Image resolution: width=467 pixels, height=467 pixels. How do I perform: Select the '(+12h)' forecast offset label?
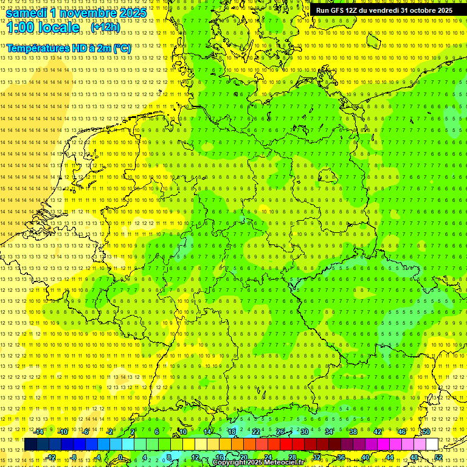coord(105,27)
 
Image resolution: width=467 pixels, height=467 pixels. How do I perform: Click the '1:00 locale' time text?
coord(43,28)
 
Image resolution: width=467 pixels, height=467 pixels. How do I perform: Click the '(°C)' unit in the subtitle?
coord(122,48)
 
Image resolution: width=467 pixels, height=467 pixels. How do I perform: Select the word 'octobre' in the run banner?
coord(422,10)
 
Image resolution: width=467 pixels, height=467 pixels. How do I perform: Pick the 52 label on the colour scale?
coord(438,457)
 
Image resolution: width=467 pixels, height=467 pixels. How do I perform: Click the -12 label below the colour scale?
coord(52,457)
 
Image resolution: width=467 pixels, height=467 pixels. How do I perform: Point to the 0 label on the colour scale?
coord(121,457)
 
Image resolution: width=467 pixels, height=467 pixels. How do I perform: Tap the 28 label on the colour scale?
coord(292,457)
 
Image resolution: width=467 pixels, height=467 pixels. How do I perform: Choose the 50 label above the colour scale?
coord(426,432)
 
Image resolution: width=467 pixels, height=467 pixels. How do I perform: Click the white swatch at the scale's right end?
coord(432,445)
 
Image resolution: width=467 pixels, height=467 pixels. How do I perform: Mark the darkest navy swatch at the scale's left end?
coord(30,445)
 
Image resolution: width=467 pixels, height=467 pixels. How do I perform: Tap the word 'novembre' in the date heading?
coord(89,13)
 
